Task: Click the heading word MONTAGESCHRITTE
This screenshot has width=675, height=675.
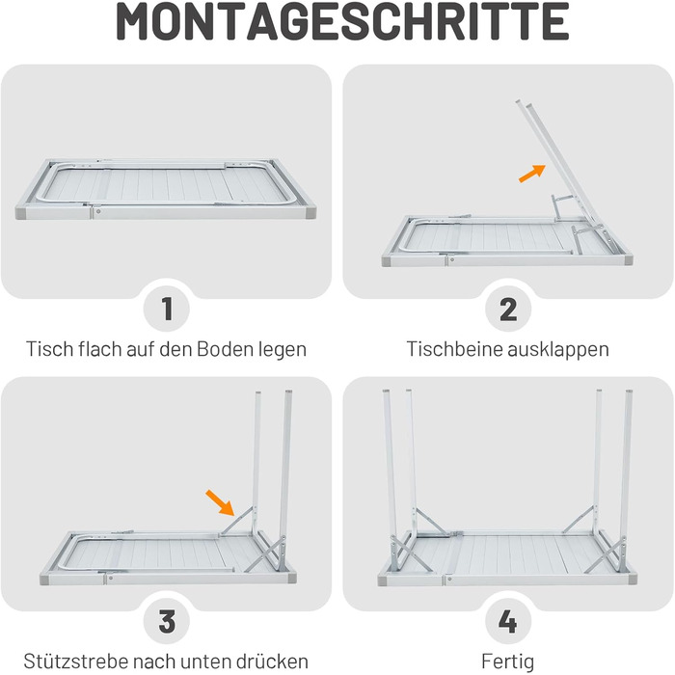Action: coord(342,21)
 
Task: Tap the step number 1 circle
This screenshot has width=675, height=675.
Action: coord(167,309)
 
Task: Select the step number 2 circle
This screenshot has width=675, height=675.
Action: coord(508,309)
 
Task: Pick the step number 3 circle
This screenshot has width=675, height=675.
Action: coord(167,621)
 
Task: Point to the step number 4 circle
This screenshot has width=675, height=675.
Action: coord(508,621)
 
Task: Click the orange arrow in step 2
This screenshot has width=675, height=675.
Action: coord(532,174)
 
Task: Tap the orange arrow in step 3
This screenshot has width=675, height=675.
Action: coord(220,502)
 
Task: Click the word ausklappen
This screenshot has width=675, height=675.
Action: coord(558,349)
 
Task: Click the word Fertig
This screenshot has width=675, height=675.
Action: coord(508,661)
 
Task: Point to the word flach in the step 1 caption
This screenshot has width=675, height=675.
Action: coord(100,349)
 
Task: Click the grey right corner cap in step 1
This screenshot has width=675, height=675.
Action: coord(310,213)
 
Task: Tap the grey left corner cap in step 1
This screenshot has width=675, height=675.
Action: coord(21,213)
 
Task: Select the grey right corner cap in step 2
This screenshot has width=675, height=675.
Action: coord(628,260)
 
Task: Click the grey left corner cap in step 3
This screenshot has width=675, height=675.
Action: coord(45,579)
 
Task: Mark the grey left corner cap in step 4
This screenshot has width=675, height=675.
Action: coord(382,580)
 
